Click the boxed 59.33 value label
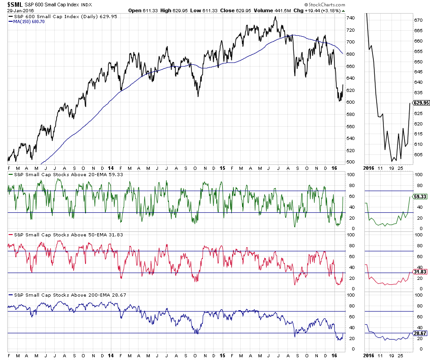click(x=420, y=197)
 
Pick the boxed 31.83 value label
click(x=420, y=272)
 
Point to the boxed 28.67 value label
click(x=420, y=333)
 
